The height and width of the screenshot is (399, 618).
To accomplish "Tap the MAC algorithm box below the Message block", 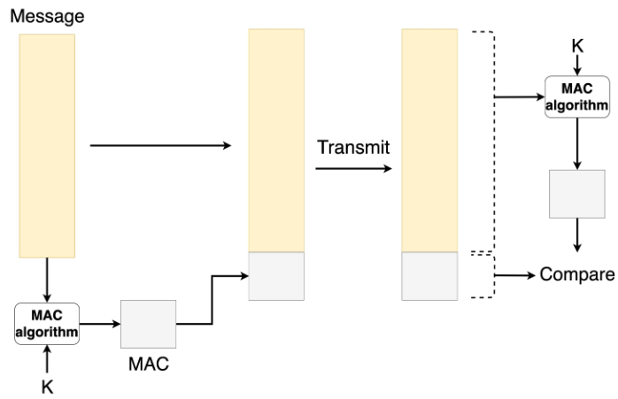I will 46,324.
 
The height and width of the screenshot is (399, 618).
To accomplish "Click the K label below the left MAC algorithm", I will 46,386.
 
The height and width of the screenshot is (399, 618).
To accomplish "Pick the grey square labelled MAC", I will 148,324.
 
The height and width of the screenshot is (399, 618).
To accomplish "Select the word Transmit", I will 353,147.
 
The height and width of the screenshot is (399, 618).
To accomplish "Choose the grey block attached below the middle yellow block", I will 276,276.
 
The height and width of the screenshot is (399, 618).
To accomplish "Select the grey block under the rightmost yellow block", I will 429,276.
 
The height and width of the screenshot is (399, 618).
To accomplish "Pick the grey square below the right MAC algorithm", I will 577,193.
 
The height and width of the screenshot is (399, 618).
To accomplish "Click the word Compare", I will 577,275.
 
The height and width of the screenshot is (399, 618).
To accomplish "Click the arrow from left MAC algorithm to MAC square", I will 99,324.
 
